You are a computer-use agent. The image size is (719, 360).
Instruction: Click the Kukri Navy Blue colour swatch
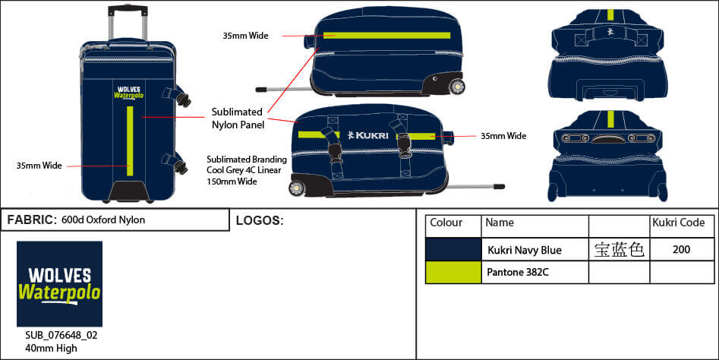[453, 249]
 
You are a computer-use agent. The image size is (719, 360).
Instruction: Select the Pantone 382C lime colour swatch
[453, 272]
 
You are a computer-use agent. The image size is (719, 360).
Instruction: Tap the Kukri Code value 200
[681, 249]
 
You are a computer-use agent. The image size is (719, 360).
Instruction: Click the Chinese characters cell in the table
[619, 249]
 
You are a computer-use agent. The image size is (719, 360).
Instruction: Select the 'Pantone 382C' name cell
[517, 272]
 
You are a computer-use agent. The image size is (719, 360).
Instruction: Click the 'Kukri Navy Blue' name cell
[524, 250]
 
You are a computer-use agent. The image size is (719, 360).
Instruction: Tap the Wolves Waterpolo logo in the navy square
[59, 285]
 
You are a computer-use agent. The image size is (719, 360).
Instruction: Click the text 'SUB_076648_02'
[61, 335]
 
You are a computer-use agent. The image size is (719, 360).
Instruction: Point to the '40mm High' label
[51, 348]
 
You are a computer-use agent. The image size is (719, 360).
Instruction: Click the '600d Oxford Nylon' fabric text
[103, 220]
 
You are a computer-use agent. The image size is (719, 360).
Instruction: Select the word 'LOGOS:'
[260, 221]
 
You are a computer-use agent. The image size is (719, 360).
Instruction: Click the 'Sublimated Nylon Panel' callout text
[237, 118]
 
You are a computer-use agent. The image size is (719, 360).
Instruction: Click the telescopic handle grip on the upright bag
[128, 10]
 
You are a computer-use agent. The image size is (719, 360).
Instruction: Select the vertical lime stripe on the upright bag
[131, 141]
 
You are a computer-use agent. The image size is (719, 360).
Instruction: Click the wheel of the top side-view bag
[457, 87]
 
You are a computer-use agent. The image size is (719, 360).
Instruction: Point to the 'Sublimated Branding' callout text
[247, 159]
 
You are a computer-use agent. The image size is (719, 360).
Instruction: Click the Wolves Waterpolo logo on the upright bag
[128, 91]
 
